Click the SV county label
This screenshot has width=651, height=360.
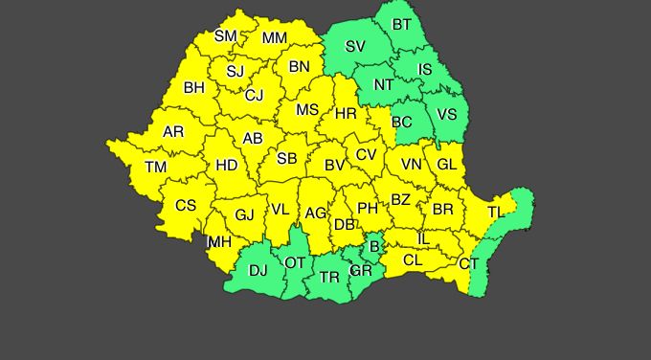[355, 46]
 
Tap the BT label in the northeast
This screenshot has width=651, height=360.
[403, 24]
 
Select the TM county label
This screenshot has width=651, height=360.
[155, 167]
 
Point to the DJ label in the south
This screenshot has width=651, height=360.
[258, 270]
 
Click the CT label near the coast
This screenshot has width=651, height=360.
[468, 263]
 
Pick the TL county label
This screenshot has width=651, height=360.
[495, 212]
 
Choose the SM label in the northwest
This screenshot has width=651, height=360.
[225, 36]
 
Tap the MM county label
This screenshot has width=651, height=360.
[274, 38]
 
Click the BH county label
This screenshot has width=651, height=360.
[194, 87]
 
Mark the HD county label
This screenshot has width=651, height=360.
[227, 165]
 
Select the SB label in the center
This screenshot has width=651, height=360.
[286, 159]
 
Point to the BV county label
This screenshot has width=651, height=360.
[334, 165]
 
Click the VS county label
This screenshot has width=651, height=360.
[446, 113]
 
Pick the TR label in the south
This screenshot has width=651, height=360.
[329, 277]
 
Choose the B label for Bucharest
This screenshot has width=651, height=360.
[374, 247]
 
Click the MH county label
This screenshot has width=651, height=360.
[219, 241]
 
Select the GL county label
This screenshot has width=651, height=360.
[446, 164]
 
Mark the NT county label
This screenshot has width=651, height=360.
[383, 84]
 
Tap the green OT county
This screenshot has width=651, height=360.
[296, 261]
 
